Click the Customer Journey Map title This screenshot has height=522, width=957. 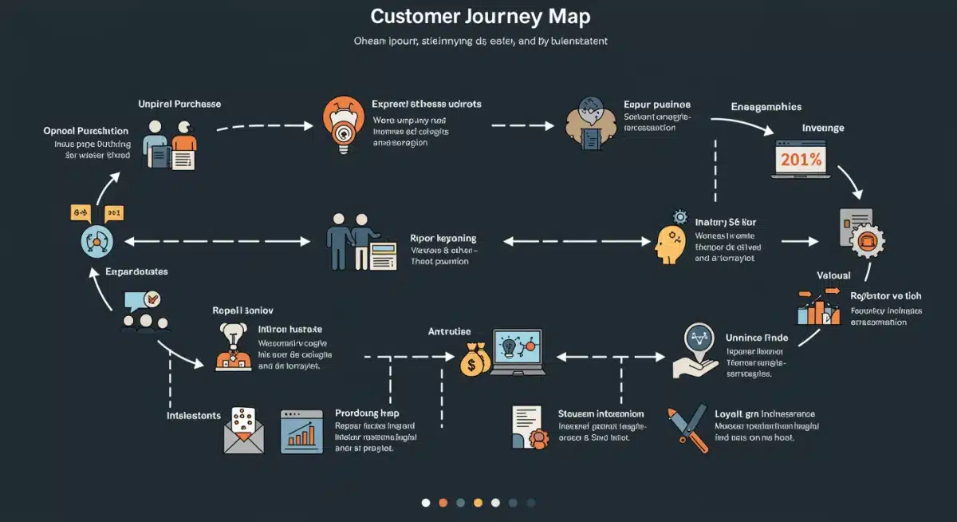[481, 17]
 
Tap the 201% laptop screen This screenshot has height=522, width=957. [801, 159]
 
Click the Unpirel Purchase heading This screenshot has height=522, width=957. [179, 104]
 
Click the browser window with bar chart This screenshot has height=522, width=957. [301, 432]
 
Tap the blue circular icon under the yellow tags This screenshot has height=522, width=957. [97, 240]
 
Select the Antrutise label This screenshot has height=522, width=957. [449, 331]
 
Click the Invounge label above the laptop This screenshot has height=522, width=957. [823, 128]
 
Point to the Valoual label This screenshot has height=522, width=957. [833, 275]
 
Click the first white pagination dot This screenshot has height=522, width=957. [426, 502]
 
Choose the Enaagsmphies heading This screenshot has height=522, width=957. [766, 106]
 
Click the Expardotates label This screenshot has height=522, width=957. [136, 271]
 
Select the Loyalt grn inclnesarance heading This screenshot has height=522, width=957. [764, 413]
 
